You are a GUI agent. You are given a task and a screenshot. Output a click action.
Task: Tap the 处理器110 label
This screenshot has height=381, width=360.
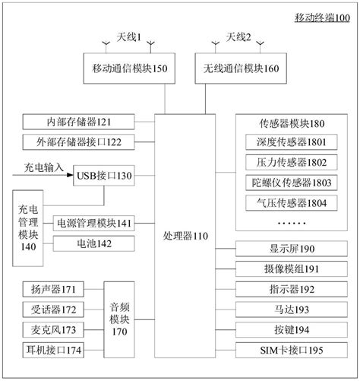pyautogui.click(x=185, y=237)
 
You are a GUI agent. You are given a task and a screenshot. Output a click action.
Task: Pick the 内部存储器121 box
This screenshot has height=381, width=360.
pyautogui.click(x=80, y=122)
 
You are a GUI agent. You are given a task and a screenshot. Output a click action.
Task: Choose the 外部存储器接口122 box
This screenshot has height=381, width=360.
pyautogui.click(x=80, y=141)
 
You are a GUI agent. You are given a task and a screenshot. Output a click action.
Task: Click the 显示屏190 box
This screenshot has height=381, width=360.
pyautogui.click(x=282, y=249)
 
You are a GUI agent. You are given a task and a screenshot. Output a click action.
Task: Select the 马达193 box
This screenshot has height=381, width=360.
pyautogui.click(x=282, y=309)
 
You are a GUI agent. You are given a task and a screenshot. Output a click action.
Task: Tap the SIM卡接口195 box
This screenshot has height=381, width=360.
pyautogui.click(x=282, y=349)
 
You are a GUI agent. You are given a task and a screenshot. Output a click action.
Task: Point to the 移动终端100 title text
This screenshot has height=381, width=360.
pyautogui.click(x=322, y=18)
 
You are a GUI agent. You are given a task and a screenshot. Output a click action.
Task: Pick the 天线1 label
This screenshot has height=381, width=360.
pyautogui.click(x=130, y=37)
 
